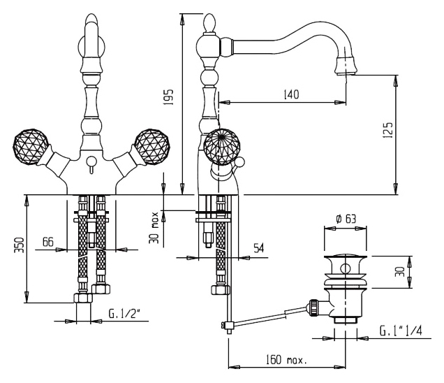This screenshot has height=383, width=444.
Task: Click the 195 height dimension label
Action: (169, 98)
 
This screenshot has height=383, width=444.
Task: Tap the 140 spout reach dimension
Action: (291, 94)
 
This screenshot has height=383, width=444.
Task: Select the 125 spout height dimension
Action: (388, 130)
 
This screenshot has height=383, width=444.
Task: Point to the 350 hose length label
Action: (20, 245)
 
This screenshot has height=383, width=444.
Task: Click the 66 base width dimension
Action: (48, 242)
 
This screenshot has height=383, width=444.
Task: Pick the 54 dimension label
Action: (258, 248)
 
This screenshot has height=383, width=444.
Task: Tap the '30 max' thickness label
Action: (154, 227)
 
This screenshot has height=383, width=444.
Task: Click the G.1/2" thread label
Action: (124, 314)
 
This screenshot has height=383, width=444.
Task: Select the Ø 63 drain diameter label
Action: (346, 219)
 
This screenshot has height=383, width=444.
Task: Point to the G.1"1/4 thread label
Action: (401, 331)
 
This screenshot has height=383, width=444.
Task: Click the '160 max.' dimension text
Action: (286, 360)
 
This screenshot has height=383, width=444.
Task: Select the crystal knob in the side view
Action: (222, 147)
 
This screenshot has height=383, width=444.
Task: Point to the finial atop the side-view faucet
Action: (211, 23)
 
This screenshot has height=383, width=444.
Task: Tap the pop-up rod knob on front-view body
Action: (91, 161)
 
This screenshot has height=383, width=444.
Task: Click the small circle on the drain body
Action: (345, 268)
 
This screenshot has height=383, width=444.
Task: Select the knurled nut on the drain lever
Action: (313, 307)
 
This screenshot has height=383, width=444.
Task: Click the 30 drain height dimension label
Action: (400, 272)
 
